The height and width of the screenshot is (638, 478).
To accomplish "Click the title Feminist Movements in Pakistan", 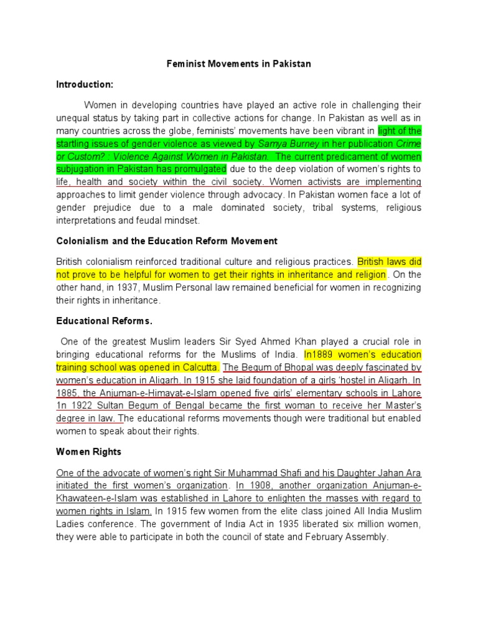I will [240, 64].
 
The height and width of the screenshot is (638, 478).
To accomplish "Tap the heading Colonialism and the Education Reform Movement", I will [167, 240].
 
